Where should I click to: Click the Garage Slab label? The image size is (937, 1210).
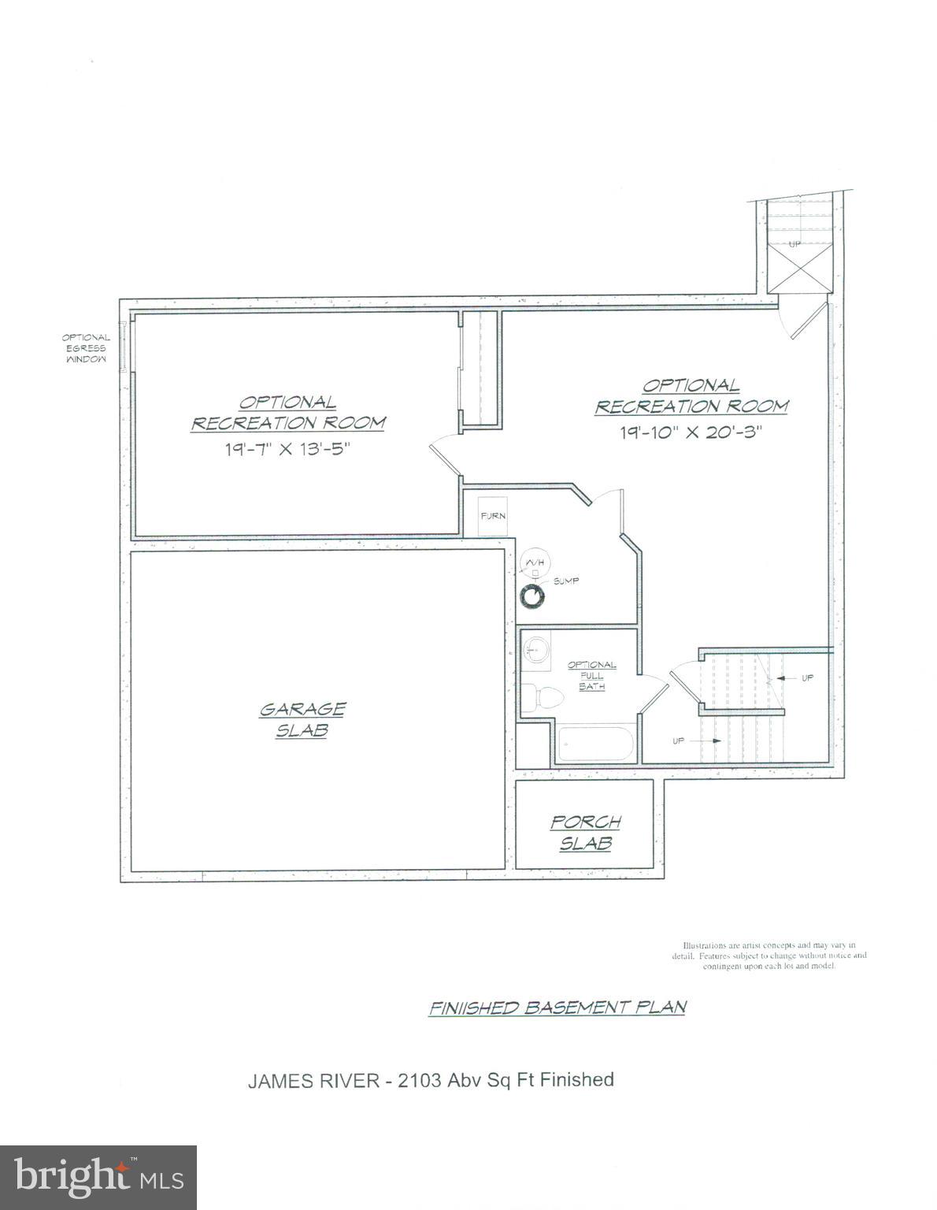302,719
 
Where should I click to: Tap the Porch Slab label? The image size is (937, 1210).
585,832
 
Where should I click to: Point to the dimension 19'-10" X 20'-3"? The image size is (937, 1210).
691,432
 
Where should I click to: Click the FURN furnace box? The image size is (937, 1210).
494,516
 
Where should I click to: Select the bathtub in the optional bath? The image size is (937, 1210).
595,744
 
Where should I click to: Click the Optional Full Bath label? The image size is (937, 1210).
591,675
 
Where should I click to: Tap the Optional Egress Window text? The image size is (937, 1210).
86,347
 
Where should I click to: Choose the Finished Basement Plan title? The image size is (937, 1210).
557,1007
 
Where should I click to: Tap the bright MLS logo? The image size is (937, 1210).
99,1177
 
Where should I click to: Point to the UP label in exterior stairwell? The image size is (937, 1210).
794,244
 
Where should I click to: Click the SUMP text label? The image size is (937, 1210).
565,581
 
